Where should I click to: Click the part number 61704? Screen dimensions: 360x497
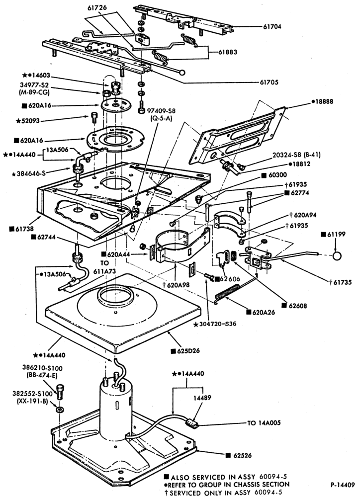click(x=272, y=27)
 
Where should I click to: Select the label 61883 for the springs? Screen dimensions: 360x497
click(x=227, y=52)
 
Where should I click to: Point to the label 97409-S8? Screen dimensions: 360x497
click(x=161, y=111)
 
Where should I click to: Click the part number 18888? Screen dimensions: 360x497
click(x=322, y=102)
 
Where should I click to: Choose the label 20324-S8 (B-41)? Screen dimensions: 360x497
click(x=296, y=155)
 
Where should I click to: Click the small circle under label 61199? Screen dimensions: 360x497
click(x=337, y=256)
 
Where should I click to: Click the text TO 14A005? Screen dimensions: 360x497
click(x=264, y=423)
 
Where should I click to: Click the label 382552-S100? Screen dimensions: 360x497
click(x=32, y=394)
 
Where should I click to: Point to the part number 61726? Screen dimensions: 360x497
click(x=97, y=7)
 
